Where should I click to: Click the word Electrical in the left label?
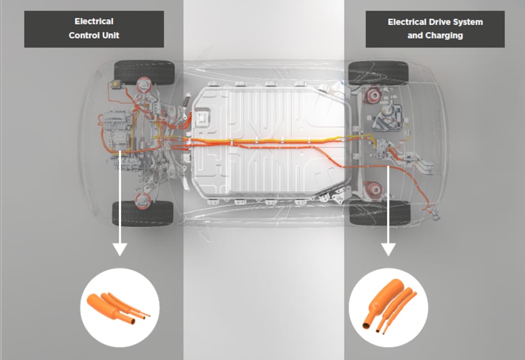click(x=94, y=22)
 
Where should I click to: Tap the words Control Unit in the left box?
click(x=94, y=35)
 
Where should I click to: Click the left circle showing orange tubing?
click(x=120, y=308)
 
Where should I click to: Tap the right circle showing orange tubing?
click(x=388, y=308)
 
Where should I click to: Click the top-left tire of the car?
click(x=144, y=71)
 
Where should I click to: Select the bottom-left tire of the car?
click(x=143, y=213)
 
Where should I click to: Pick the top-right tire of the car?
click(x=378, y=72)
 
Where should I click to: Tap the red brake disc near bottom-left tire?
click(x=143, y=199)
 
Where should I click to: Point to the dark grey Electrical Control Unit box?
click(x=94, y=29)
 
